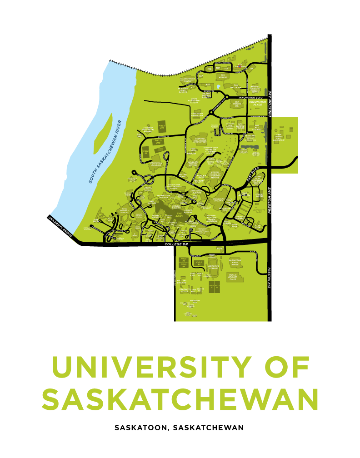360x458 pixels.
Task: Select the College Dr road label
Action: (175, 244)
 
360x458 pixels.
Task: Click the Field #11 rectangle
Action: (161, 126)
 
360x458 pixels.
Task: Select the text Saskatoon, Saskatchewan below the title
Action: (180, 428)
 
